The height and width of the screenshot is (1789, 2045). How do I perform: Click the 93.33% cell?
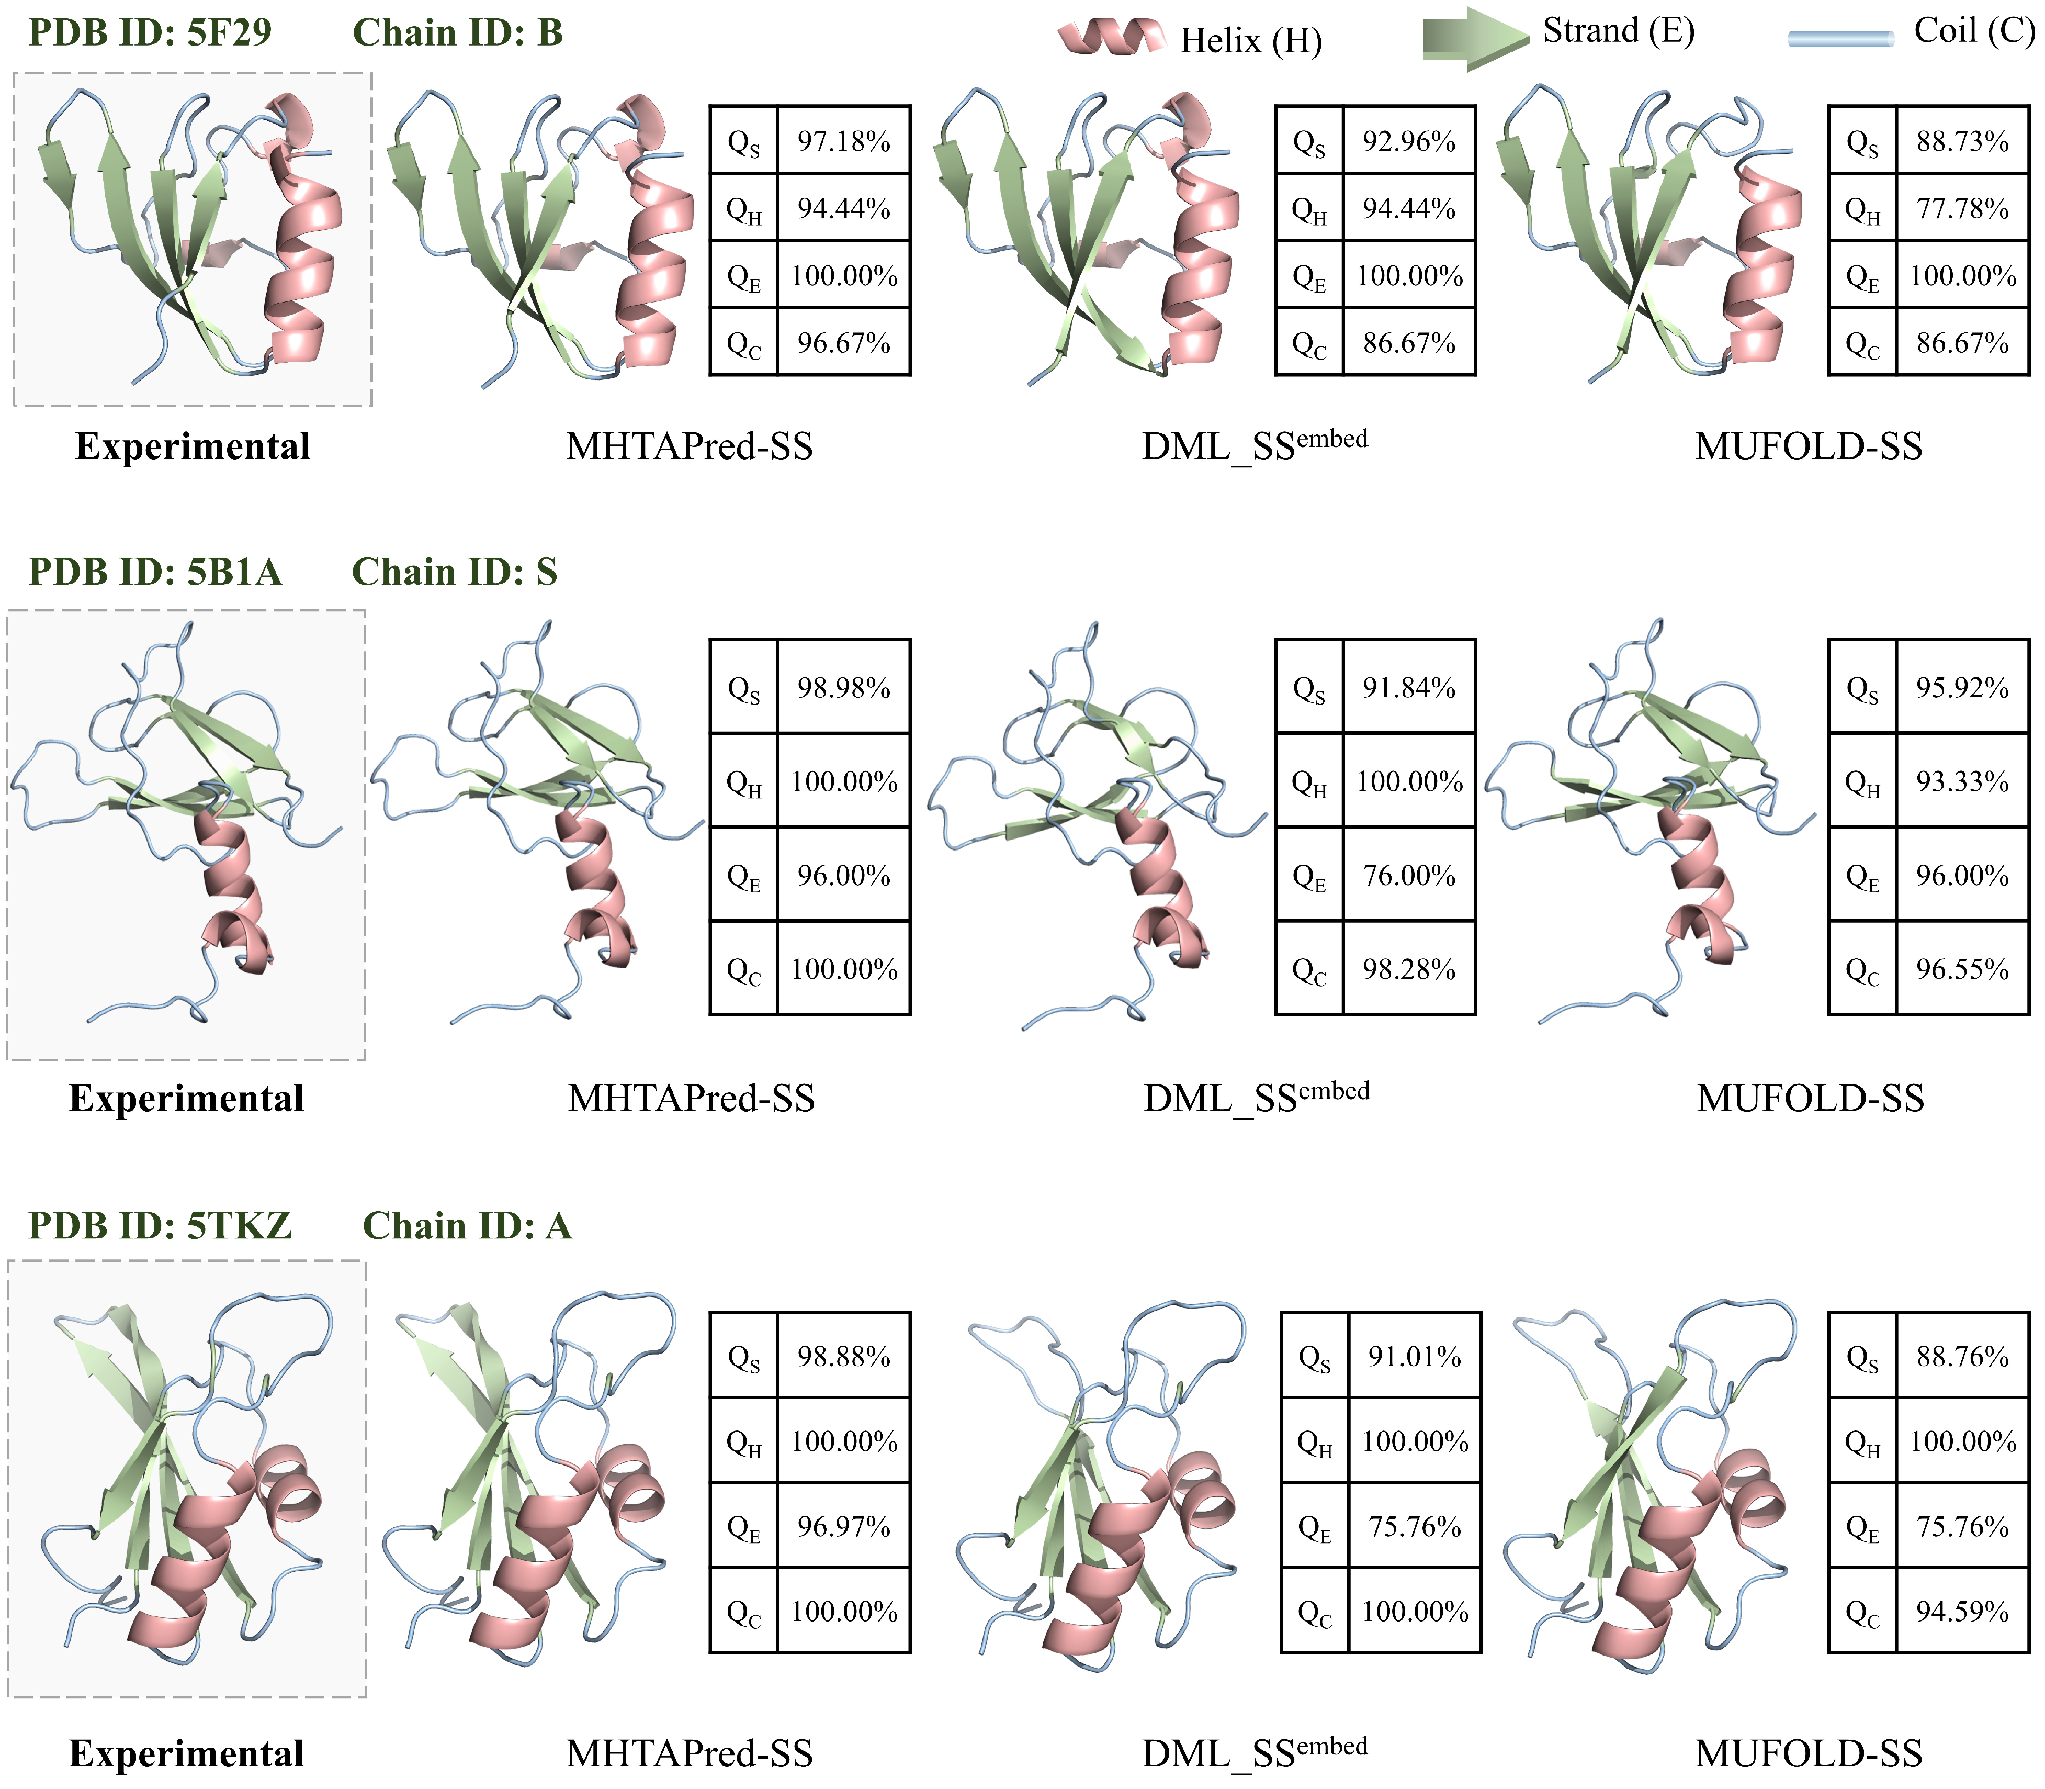1962,781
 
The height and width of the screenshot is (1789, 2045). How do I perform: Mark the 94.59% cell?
1962,1611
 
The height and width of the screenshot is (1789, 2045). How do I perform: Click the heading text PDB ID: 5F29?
150,33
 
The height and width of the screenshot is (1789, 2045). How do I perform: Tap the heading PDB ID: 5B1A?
155,572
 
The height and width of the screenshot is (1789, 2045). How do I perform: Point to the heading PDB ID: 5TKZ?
160,1225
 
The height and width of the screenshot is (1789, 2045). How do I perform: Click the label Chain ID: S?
454,572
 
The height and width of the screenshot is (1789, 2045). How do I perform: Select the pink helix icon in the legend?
1111,37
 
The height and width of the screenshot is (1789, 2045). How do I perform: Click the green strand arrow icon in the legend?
1475,38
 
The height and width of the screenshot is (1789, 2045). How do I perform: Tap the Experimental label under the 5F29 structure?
193,446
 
